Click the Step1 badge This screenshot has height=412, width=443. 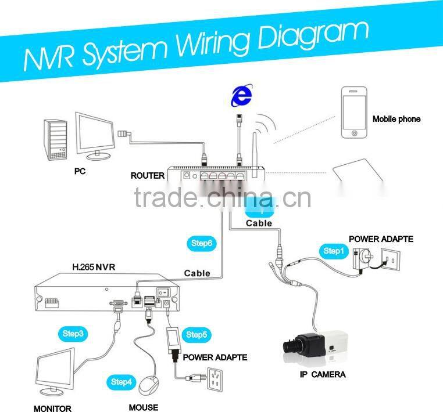[x=334, y=251]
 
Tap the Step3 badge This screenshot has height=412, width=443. [x=73, y=334]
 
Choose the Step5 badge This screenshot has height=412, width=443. [x=196, y=334]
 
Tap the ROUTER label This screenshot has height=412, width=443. [x=148, y=175]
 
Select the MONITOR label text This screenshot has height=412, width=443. [x=52, y=408]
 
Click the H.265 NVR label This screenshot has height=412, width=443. [x=95, y=268]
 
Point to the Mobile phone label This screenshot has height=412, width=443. [x=396, y=119]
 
